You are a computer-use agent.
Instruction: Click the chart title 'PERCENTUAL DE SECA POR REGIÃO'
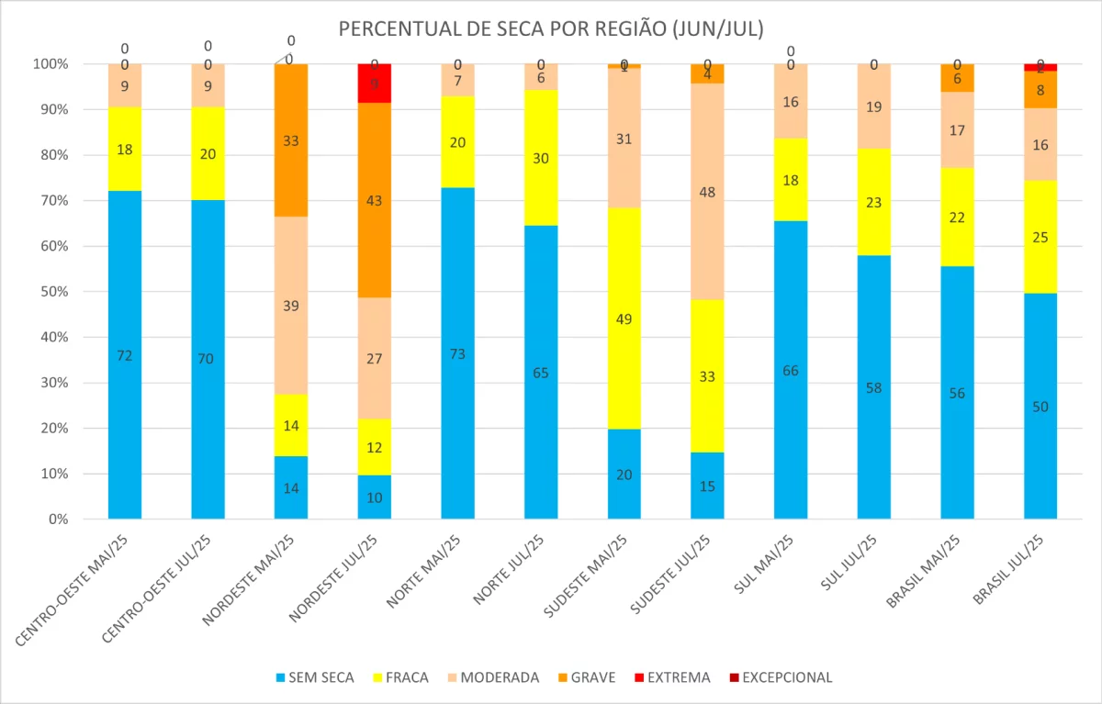click(x=551, y=28)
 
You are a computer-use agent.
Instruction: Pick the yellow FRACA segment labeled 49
click(x=624, y=318)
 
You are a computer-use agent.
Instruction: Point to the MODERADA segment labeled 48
click(x=707, y=192)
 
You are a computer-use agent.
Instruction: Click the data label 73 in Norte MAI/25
click(x=457, y=354)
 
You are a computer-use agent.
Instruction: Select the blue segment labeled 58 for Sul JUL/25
click(x=873, y=387)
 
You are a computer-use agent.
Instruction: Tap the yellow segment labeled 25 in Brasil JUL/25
click(x=1040, y=237)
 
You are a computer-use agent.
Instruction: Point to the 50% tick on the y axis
click(x=54, y=292)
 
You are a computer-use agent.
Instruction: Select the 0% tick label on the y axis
click(x=57, y=520)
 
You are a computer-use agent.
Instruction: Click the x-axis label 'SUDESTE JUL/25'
click(x=674, y=575)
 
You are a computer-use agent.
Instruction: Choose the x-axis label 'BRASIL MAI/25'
click(x=924, y=572)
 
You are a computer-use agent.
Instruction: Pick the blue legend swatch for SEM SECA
click(x=280, y=678)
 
